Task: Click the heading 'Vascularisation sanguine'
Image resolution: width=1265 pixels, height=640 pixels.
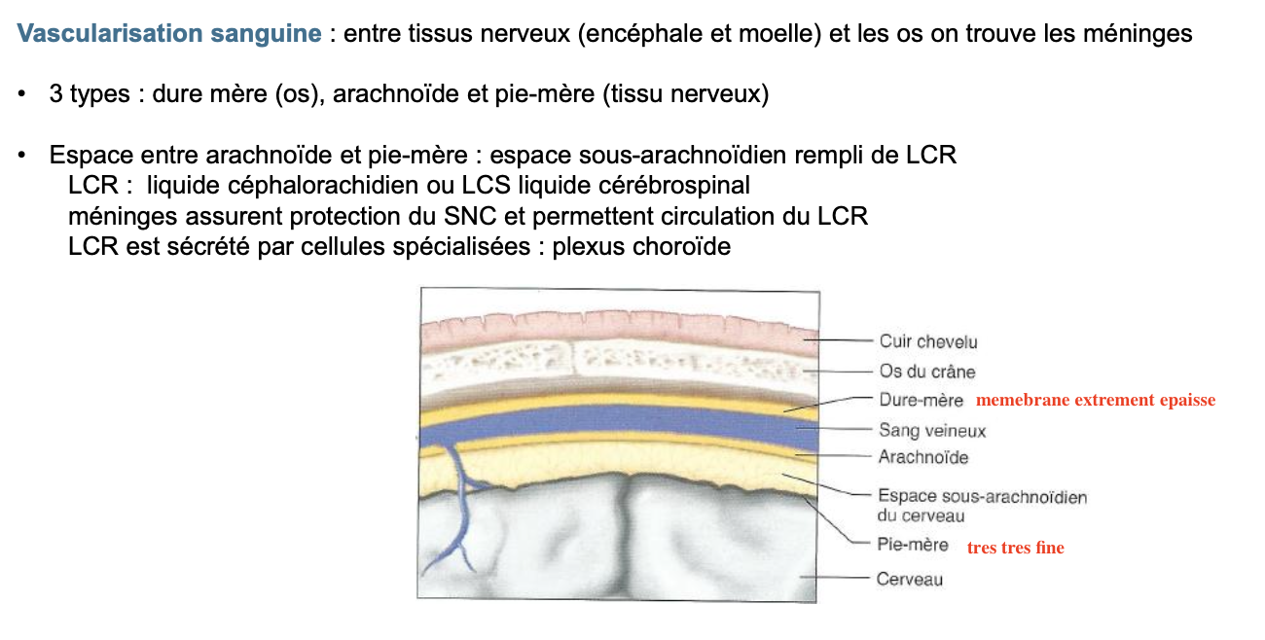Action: pos(169,34)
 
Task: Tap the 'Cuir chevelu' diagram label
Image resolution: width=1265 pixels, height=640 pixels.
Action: pos(928,341)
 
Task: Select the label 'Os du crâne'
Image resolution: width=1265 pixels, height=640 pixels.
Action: pos(926,372)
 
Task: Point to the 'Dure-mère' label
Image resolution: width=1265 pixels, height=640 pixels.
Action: pos(921,400)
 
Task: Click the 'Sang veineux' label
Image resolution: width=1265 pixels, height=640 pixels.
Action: pos(932,430)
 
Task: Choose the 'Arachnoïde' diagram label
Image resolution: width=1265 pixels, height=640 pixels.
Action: pos(923,457)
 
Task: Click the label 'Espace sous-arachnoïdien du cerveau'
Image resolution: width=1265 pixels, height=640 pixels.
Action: pos(981,506)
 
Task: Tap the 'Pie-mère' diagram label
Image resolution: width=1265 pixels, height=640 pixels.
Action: pos(912,546)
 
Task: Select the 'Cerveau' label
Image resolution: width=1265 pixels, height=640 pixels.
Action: pos(909,579)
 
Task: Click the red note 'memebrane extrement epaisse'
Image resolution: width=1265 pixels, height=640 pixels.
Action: pos(1096,401)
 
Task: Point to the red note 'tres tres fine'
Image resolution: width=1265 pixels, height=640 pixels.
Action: pos(1015,549)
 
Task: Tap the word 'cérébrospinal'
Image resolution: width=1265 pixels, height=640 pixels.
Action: pos(685,186)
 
